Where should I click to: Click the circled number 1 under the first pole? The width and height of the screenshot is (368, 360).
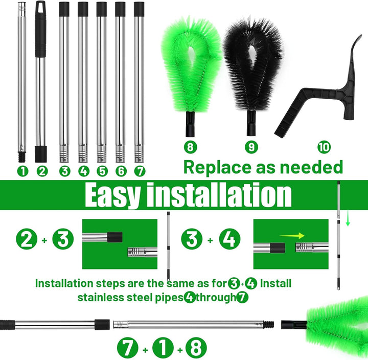(x=23, y=171)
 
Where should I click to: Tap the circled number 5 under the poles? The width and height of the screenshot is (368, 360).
(x=102, y=171)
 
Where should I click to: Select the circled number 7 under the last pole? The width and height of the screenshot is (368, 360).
(x=140, y=171)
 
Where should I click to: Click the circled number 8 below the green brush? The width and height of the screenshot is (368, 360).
(x=190, y=147)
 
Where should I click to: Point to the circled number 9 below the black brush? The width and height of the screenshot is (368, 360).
(x=251, y=147)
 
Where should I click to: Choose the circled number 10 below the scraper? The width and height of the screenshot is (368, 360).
(x=324, y=147)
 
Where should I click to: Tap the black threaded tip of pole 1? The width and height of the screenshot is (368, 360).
(x=22, y=157)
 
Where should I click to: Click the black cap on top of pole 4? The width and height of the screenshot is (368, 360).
(x=83, y=9)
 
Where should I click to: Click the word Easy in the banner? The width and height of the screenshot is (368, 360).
(x=112, y=195)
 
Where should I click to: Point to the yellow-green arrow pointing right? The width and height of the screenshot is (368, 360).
(x=292, y=236)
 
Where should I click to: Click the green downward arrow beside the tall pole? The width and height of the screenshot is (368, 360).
(x=348, y=218)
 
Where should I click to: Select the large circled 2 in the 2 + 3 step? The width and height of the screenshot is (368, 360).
(x=27, y=239)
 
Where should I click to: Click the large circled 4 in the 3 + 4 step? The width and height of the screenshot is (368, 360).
(x=229, y=239)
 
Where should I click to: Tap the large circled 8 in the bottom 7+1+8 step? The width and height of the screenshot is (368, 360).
(x=196, y=348)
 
